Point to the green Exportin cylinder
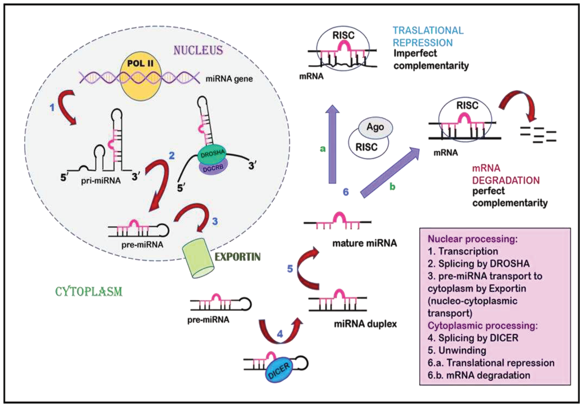pyautogui.click(x=198, y=258)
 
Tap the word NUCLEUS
pyautogui.click(x=198, y=50)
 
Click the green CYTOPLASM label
pyautogui.click(x=89, y=291)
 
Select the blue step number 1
pyautogui.click(x=52, y=107)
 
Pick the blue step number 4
pyautogui.click(x=280, y=334)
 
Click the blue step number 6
pyautogui.click(x=346, y=192)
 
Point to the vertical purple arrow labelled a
pyautogui.click(x=332, y=144)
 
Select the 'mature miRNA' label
pyautogui.click(x=364, y=243)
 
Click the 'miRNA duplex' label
pyautogui.click(x=365, y=324)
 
